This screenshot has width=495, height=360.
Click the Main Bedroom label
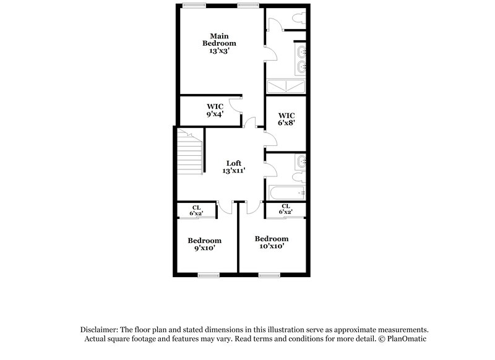tap(220, 39)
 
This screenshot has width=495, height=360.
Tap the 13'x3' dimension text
tap(220, 51)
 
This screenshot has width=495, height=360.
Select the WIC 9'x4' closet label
tap(214, 109)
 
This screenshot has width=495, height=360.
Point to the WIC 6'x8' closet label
tap(286, 119)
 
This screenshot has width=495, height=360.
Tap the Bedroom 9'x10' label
tap(204, 244)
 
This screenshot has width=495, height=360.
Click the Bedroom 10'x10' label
tap(272, 242)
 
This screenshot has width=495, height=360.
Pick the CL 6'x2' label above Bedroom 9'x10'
tap(196, 210)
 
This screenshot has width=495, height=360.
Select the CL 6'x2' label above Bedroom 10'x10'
tap(285, 209)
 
